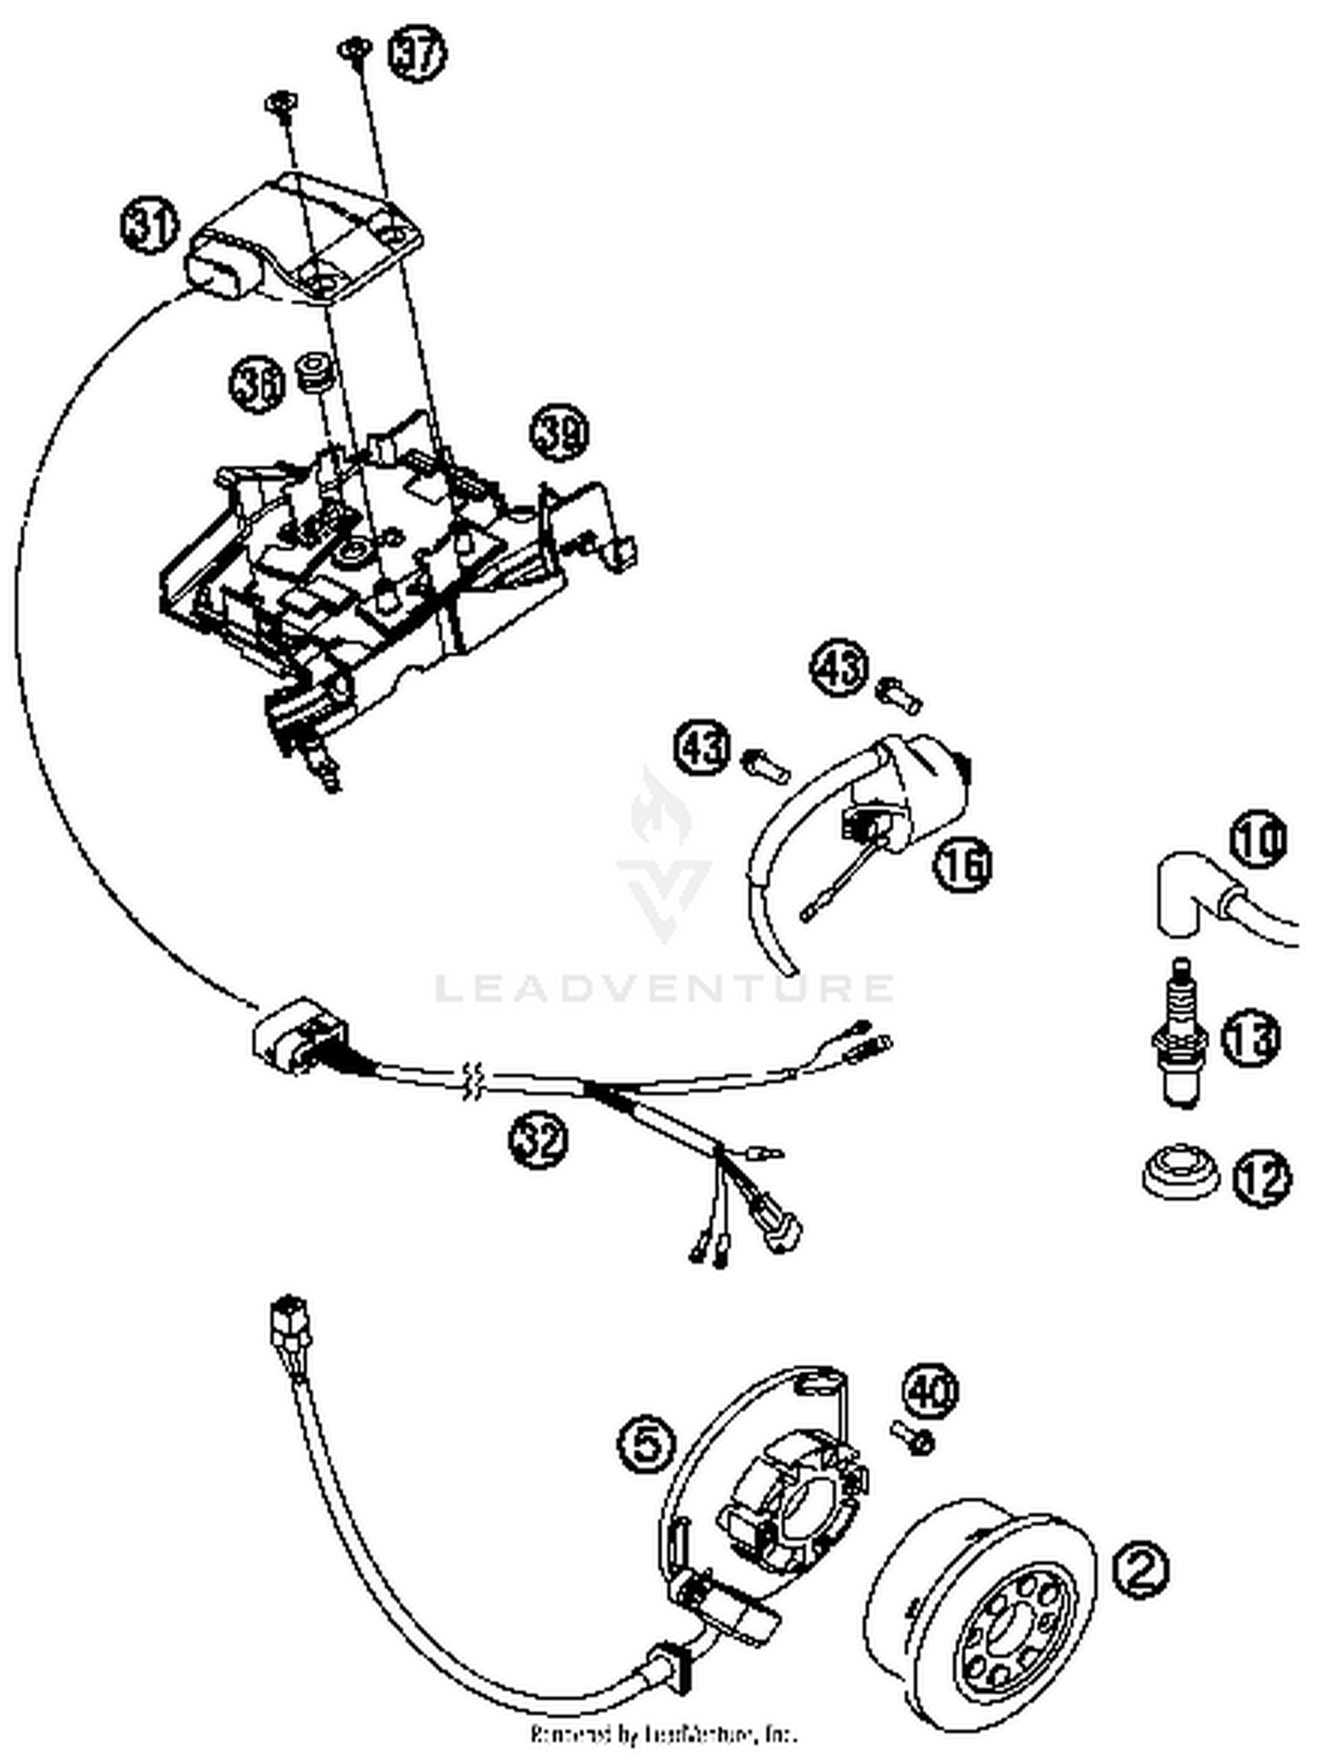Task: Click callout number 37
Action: pos(417,54)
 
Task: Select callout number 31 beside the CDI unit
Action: pos(149,228)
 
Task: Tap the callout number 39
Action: pos(560,433)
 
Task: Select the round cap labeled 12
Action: pos(1178,1175)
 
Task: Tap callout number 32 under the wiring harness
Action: pos(538,1139)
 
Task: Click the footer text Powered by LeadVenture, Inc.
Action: pos(664,1733)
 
